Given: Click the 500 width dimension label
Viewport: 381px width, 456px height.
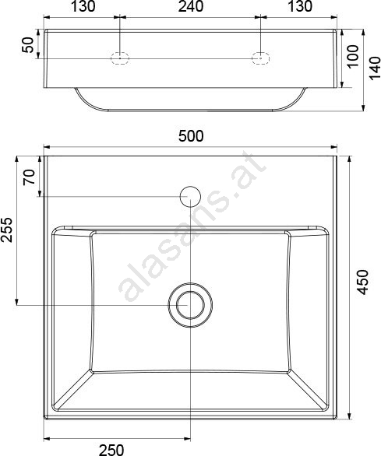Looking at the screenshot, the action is tap(191, 136).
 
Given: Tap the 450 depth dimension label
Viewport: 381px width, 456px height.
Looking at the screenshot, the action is tap(363, 282).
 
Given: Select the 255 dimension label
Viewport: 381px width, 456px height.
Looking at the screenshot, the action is tap(7, 230).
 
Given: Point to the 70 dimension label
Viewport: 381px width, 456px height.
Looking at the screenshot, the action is tap(29, 177).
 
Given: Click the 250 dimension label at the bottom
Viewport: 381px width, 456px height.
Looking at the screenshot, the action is tap(111, 450).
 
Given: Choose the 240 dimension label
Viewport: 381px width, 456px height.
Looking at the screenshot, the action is tap(191, 7).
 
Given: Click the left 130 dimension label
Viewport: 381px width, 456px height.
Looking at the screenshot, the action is tap(83, 7).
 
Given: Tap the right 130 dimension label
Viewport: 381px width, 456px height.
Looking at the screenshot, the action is tap(300, 7).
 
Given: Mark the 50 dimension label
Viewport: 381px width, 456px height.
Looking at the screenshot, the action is tap(28, 44).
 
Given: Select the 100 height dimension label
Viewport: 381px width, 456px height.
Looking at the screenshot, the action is tap(353, 56).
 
